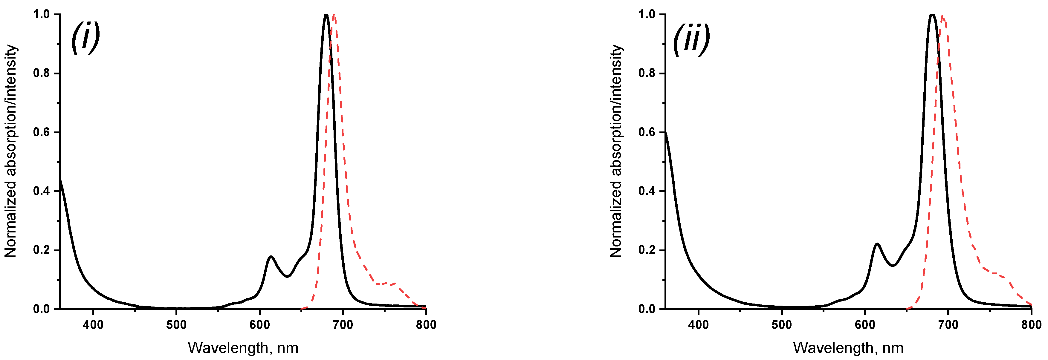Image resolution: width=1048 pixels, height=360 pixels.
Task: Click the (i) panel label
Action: pyautogui.click(x=85, y=37)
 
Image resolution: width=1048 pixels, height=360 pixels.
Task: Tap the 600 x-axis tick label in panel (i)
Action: pyautogui.click(x=259, y=325)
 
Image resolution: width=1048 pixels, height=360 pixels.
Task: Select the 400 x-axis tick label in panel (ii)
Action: pyautogui.click(x=698, y=325)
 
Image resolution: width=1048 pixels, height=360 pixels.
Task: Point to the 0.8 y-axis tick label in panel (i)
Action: pyautogui.click(x=42, y=73)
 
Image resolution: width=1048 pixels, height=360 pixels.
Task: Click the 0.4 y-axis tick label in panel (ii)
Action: pyautogui.click(x=647, y=191)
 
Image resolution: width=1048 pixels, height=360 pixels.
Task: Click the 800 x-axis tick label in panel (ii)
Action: pyautogui.click(x=1031, y=325)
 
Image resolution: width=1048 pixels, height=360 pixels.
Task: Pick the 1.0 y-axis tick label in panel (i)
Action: pyautogui.click(x=42, y=14)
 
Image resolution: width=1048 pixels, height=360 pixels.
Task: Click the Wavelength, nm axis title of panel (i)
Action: pyautogui.click(x=243, y=348)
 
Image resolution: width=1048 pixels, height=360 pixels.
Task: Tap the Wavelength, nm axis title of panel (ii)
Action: pyautogui.click(x=848, y=348)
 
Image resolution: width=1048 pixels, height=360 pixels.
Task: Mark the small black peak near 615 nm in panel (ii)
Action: pyautogui.click(x=877, y=244)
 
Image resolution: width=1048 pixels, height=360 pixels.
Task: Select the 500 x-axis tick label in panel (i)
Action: pyautogui.click(x=176, y=325)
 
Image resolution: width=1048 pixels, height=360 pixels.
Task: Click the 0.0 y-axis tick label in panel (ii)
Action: pyautogui.click(x=647, y=309)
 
